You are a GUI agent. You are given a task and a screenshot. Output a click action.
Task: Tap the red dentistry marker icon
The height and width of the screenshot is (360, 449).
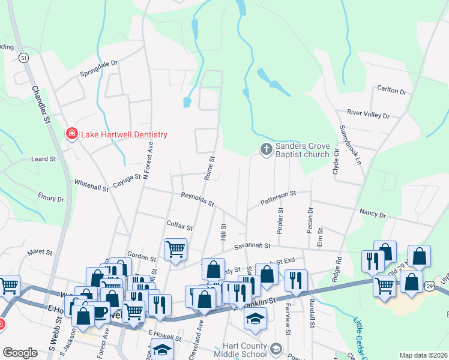pyautogui.click(x=71, y=133)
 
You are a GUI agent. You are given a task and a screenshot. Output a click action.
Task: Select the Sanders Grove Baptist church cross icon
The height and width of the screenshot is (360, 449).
pyautogui.click(x=266, y=148)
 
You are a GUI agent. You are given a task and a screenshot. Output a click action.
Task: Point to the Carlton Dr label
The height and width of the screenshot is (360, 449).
pyautogui.click(x=392, y=91)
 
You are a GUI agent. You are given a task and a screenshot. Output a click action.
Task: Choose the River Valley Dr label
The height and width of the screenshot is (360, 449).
pyautogui.click(x=369, y=114)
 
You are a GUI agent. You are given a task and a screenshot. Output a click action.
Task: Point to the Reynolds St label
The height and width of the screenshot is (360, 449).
pyautogui.click(x=198, y=199)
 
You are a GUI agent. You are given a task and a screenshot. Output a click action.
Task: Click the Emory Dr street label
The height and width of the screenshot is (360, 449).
pyautogui.click(x=50, y=197)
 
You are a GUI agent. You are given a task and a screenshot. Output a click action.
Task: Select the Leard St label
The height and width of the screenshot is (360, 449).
pyautogui.click(x=43, y=160)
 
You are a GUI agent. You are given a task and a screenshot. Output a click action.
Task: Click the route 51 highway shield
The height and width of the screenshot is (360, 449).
pyautogui.click(x=23, y=58)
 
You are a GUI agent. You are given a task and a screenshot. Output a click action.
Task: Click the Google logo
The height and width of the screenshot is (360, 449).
pyautogui.click(x=20, y=353)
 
